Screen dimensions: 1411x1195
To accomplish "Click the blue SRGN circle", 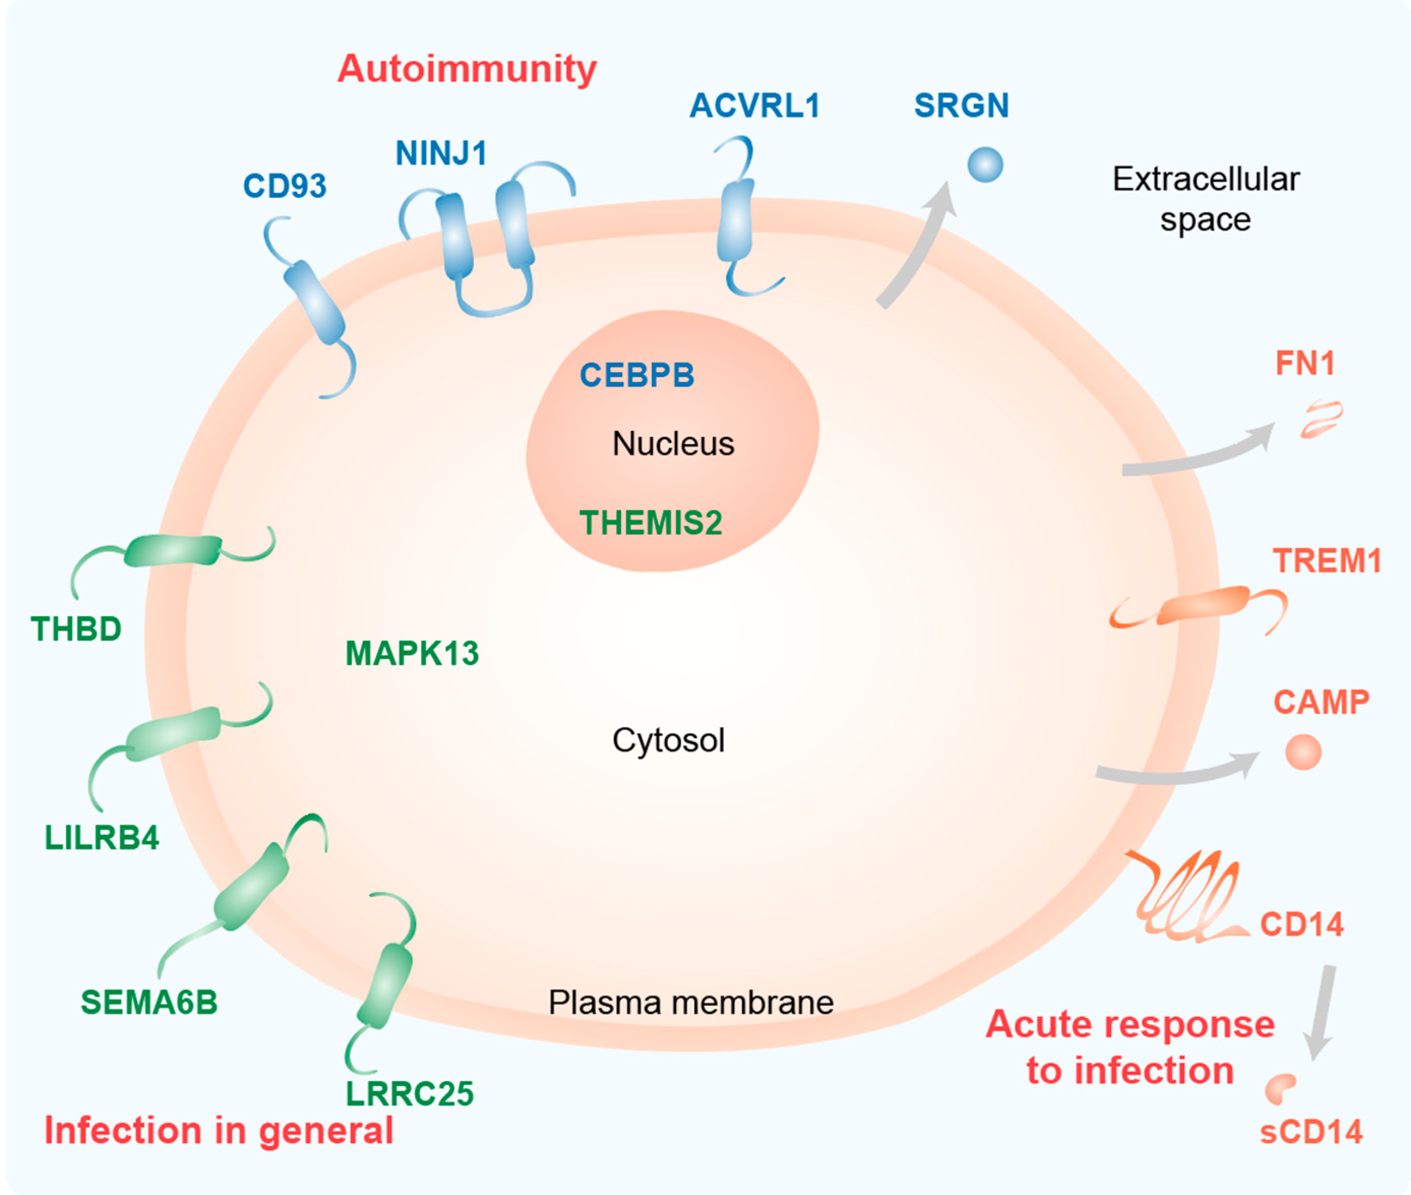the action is point(984,165).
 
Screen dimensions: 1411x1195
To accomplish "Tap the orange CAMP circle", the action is point(1303,752).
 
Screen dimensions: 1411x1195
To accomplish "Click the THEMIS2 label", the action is point(650,522).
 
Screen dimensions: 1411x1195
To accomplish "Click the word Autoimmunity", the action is point(467,69).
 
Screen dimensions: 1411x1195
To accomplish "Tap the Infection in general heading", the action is point(218,1130).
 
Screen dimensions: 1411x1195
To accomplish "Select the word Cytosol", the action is point(668,740).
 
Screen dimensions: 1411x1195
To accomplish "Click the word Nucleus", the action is point(673,444).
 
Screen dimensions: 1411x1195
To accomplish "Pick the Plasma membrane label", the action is point(691,1002).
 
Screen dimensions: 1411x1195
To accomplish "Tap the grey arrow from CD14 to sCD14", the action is point(1320,1012).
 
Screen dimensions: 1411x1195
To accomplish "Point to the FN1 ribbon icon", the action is point(1320,419).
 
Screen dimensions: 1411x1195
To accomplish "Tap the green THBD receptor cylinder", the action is point(172,550).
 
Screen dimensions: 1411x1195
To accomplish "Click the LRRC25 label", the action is point(409,1093).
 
